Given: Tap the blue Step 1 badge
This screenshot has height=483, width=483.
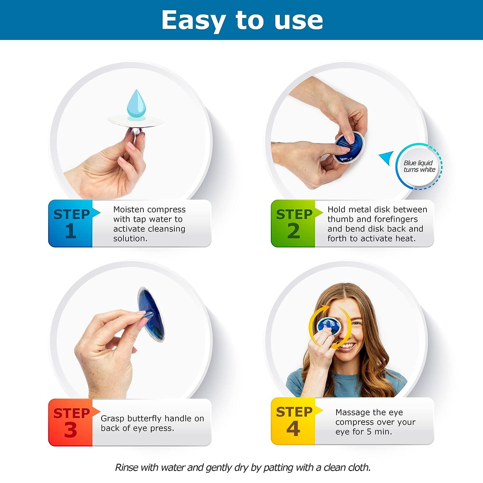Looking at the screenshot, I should [71, 223].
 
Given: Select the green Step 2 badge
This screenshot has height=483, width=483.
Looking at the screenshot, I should [293, 223].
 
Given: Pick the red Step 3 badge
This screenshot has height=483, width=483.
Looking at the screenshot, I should [71, 422].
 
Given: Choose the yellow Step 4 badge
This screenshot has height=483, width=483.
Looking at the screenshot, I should [293, 421].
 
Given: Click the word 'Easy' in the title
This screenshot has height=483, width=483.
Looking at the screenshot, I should [193, 20].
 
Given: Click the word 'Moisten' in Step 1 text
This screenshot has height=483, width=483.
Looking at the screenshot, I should [128, 210].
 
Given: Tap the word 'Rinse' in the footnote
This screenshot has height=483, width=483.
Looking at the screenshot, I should [127, 467].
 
